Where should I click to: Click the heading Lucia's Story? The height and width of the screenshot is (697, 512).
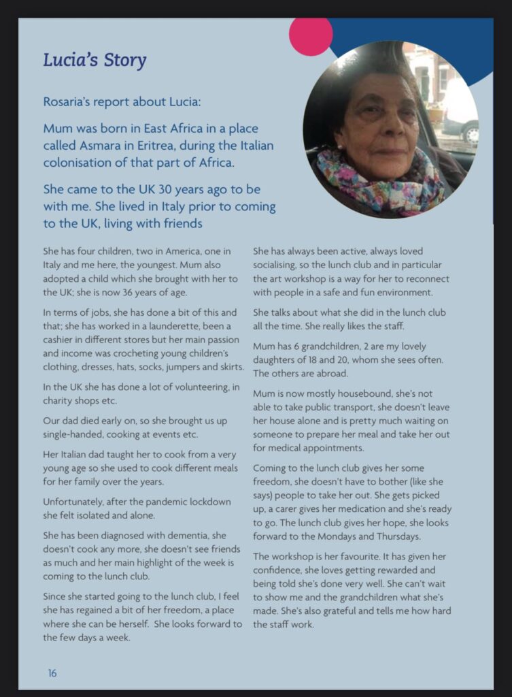point(95,61)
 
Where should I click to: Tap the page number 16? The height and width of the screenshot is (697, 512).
point(52,673)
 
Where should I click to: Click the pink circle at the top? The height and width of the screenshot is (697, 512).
point(311,35)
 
